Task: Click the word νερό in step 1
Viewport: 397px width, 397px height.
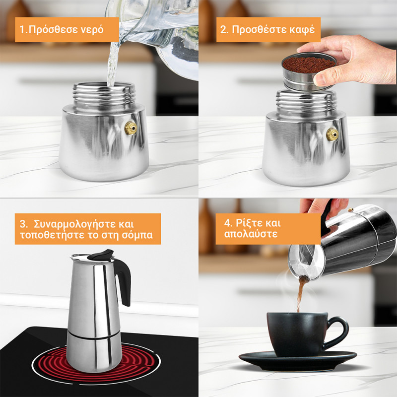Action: pos(92,30)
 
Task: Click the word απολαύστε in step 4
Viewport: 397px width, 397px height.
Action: pos(251,234)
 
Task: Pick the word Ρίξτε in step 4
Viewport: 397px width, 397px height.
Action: pos(249,223)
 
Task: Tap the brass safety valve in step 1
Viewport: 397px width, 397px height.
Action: pos(131,128)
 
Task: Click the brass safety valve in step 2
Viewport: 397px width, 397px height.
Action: pos(332,134)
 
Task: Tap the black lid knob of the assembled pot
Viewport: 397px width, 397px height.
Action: pos(101,255)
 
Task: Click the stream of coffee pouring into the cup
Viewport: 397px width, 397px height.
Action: pos(301,294)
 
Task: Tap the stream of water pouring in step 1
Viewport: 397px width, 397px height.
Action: pos(113,65)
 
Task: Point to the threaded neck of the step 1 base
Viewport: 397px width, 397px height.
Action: pos(104,97)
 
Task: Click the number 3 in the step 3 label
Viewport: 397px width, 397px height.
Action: pos(23,224)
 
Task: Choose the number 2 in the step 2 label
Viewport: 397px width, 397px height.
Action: pos(223,30)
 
